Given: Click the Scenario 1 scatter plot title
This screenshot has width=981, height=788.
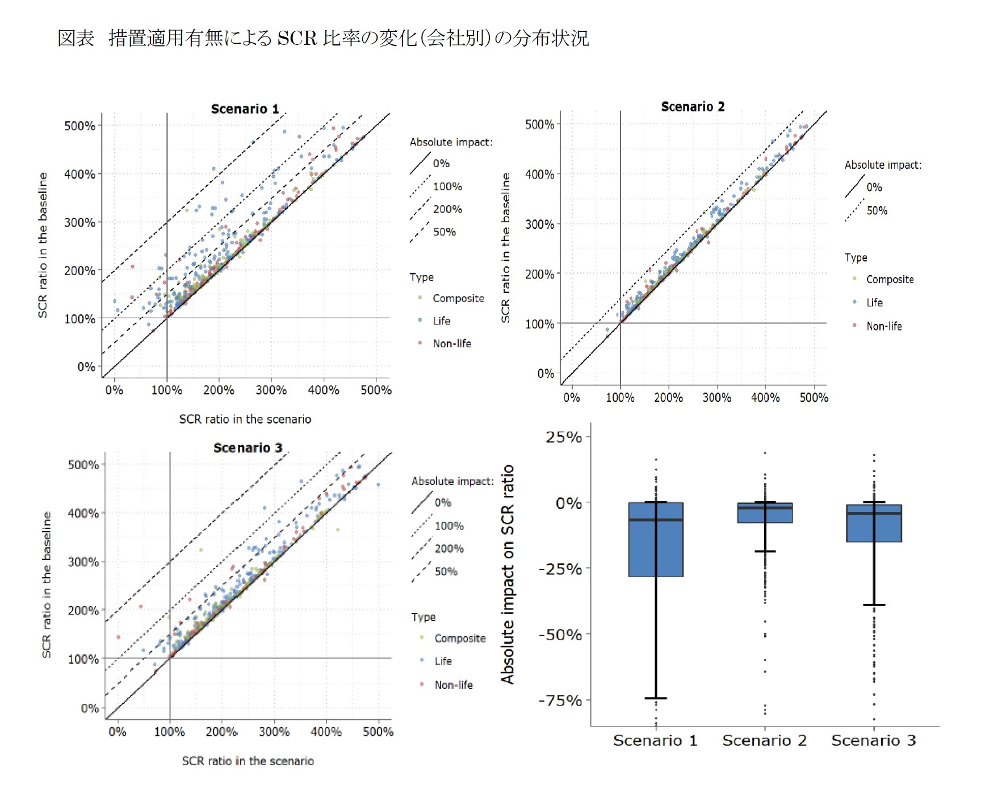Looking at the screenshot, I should coord(245,109).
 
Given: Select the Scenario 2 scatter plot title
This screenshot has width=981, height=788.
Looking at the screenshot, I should coord(693,106).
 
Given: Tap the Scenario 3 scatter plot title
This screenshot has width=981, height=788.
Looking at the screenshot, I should coord(248,447).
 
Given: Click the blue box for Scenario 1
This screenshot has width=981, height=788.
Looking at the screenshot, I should coord(656,540).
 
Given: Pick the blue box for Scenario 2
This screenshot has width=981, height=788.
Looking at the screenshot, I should coord(765,513).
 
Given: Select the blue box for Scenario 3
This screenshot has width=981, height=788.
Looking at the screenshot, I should coord(874,523).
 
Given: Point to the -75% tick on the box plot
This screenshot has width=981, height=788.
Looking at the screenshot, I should coord(560,700).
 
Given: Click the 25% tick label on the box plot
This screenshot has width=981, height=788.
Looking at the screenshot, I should coord(564,437).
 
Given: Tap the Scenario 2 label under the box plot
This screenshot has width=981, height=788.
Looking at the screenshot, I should coord(764,740).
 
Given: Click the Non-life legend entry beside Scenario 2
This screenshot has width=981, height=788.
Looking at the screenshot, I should coord(883,326).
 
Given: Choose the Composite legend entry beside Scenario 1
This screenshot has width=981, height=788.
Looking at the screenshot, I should coord(458,298).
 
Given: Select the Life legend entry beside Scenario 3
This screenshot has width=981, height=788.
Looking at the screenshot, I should coord(443,661).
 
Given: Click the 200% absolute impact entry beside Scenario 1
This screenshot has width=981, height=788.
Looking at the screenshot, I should coord(447,209).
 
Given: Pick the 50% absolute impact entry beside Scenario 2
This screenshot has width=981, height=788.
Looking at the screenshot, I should coord(876,211).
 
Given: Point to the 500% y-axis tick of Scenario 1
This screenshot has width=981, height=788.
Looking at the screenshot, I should coord(79,126).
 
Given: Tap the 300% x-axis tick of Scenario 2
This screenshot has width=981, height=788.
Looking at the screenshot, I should coord(716,397).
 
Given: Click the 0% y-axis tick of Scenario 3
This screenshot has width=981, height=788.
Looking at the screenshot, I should coord(90,708).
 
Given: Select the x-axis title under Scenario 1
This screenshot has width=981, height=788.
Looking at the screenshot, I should coord(245,419).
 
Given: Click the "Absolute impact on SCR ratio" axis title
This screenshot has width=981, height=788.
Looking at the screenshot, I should coord(507,574).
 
